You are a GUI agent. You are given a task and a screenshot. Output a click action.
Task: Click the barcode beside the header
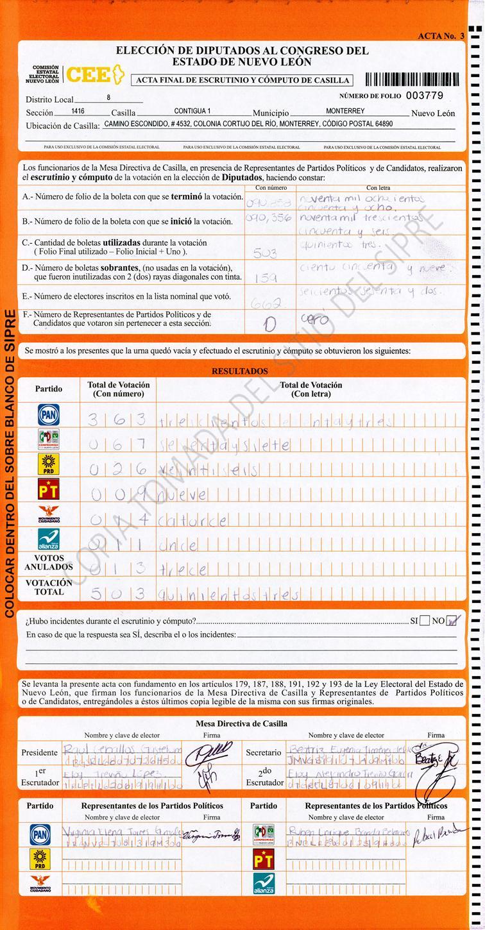pyautogui.click(x=412, y=80)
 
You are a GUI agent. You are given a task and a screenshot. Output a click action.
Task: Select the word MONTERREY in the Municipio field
pyautogui.click(x=345, y=111)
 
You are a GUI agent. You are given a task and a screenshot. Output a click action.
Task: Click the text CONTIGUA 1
pyautogui.click(x=192, y=111)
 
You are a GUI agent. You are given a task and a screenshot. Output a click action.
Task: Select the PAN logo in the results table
pyautogui.click(x=49, y=415)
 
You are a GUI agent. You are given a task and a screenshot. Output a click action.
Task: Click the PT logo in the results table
pyautogui.click(x=49, y=490)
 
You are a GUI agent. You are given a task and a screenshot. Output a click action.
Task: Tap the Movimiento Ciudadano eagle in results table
pyautogui.click(x=49, y=515)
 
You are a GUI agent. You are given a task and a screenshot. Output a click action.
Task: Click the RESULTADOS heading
pyautogui.click(x=240, y=371)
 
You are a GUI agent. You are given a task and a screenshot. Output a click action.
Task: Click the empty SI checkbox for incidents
pyautogui.click(x=425, y=621)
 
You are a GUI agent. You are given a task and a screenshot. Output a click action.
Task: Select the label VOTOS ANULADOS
pyautogui.click(x=49, y=562)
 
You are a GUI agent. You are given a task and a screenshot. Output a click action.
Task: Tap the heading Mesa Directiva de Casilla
pyautogui.click(x=241, y=723)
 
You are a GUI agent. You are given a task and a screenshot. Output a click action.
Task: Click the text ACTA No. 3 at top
pyautogui.click(x=441, y=36)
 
